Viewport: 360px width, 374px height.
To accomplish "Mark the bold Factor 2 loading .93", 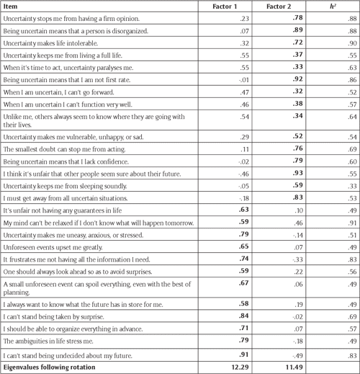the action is pos(275,174).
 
